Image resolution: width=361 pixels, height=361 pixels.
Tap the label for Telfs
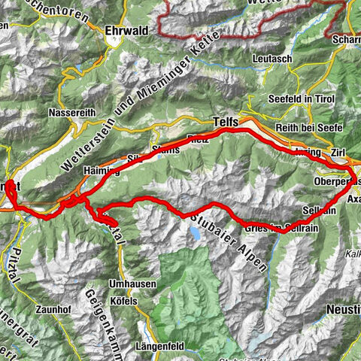pyautogui.click(x=226, y=120)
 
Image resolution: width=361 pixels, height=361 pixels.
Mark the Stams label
pyautogui.click(x=167, y=149)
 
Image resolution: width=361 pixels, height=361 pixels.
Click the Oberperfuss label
pyautogui.click(x=335, y=181)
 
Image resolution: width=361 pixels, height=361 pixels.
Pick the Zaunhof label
pyautogui.click(x=51, y=308)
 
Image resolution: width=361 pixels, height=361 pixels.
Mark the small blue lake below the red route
pyautogui.click(x=196, y=235)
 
